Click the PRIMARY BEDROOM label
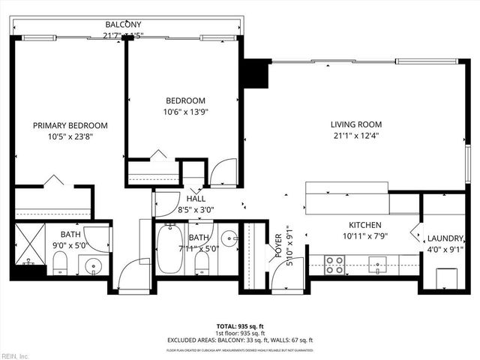pos(70,125)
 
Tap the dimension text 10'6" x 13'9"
pos(185,112)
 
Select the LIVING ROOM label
pos(356,124)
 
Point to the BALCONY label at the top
pos(122,24)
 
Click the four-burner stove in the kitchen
pos(334,264)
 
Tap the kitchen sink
pos(376,263)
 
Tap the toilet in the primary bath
pos(60,262)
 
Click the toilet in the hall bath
pos(201,262)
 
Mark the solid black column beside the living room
pos(257,73)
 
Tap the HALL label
pos(196,198)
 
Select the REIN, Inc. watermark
pos(14,355)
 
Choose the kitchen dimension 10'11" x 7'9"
pos(365,236)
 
